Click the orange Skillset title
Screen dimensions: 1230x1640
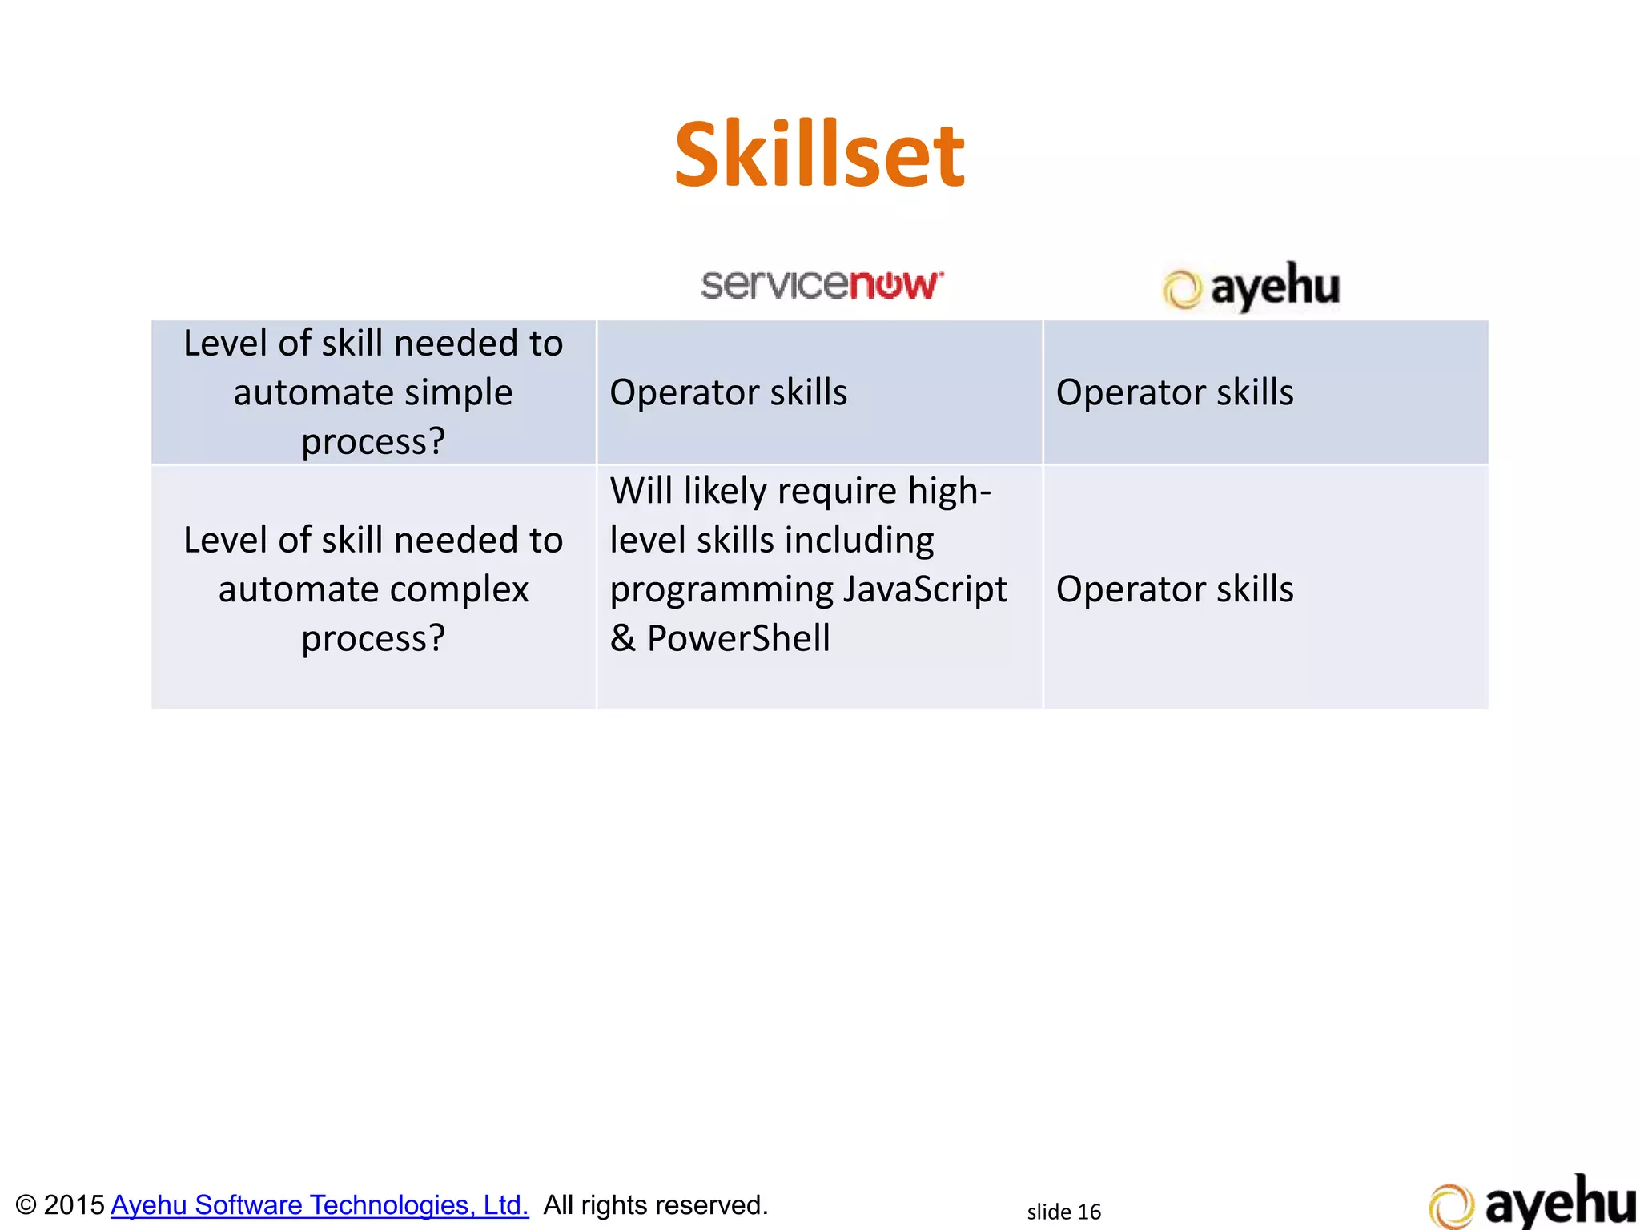(x=819, y=155)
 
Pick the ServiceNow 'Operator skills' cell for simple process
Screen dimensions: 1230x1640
(x=728, y=393)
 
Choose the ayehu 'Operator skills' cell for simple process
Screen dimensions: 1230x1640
(x=1174, y=393)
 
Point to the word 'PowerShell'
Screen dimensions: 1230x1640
(x=738, y=639)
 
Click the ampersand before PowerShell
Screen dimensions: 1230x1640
(x=623, y=639)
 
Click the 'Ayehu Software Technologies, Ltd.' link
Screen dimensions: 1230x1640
(x=320, y=1205)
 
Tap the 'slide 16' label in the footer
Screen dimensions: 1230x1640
(x=1063, y=1212)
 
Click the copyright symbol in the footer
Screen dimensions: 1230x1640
(x=26, y=1206)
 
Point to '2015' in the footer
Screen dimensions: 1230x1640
(x=74, y=1205)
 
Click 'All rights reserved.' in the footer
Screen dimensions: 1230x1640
(x=655, y=1205)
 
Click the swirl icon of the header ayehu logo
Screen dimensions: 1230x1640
(x=1182, y=290)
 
